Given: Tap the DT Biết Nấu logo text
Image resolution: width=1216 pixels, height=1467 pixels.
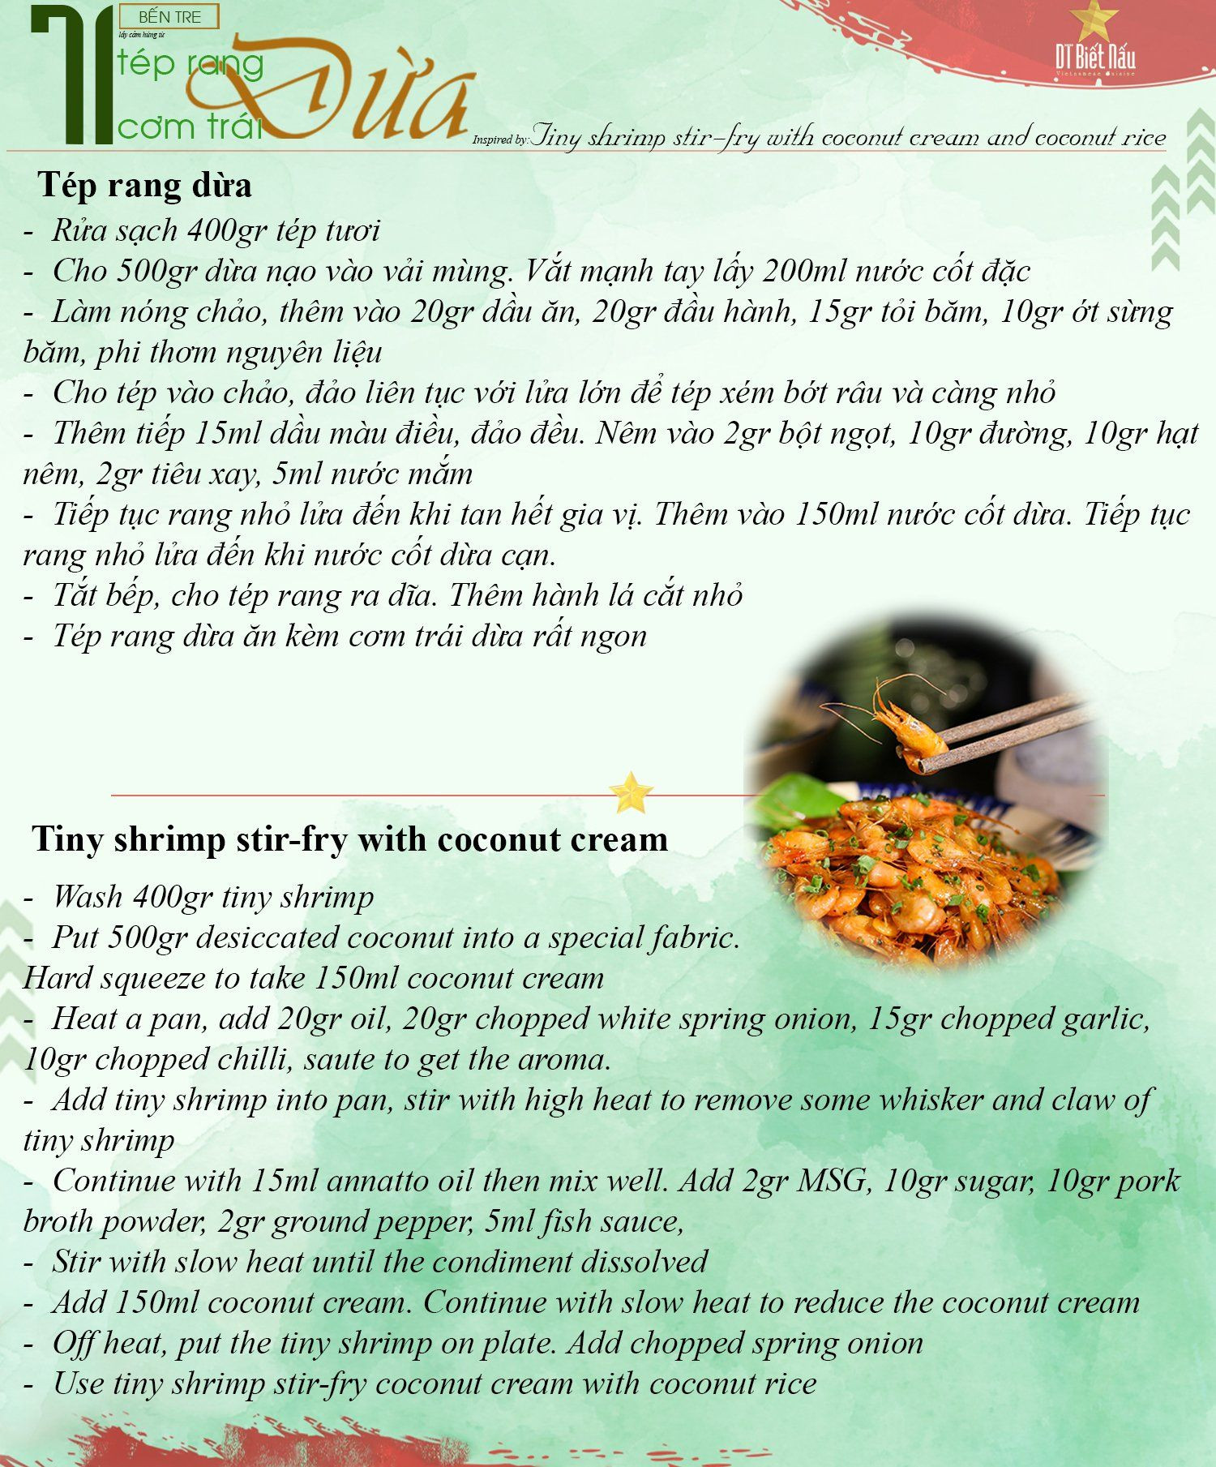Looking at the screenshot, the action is [1094, 57].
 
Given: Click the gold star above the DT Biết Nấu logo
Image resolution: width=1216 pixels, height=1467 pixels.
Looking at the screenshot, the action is [1094, 22].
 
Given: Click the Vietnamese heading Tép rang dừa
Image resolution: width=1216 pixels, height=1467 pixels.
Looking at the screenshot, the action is [144, 185].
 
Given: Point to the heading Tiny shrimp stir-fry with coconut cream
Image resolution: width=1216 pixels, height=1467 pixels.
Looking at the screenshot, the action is [350, 839].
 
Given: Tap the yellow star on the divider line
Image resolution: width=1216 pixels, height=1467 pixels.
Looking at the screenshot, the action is [630, 792].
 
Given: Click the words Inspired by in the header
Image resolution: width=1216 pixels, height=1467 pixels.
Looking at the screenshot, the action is [500, 139].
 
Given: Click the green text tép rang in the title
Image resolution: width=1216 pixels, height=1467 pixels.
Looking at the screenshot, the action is [191, 64].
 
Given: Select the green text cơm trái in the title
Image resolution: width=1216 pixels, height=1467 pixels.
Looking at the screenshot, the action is [191, 127].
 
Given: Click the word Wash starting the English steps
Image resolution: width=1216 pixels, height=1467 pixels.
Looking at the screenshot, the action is [88, 897].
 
